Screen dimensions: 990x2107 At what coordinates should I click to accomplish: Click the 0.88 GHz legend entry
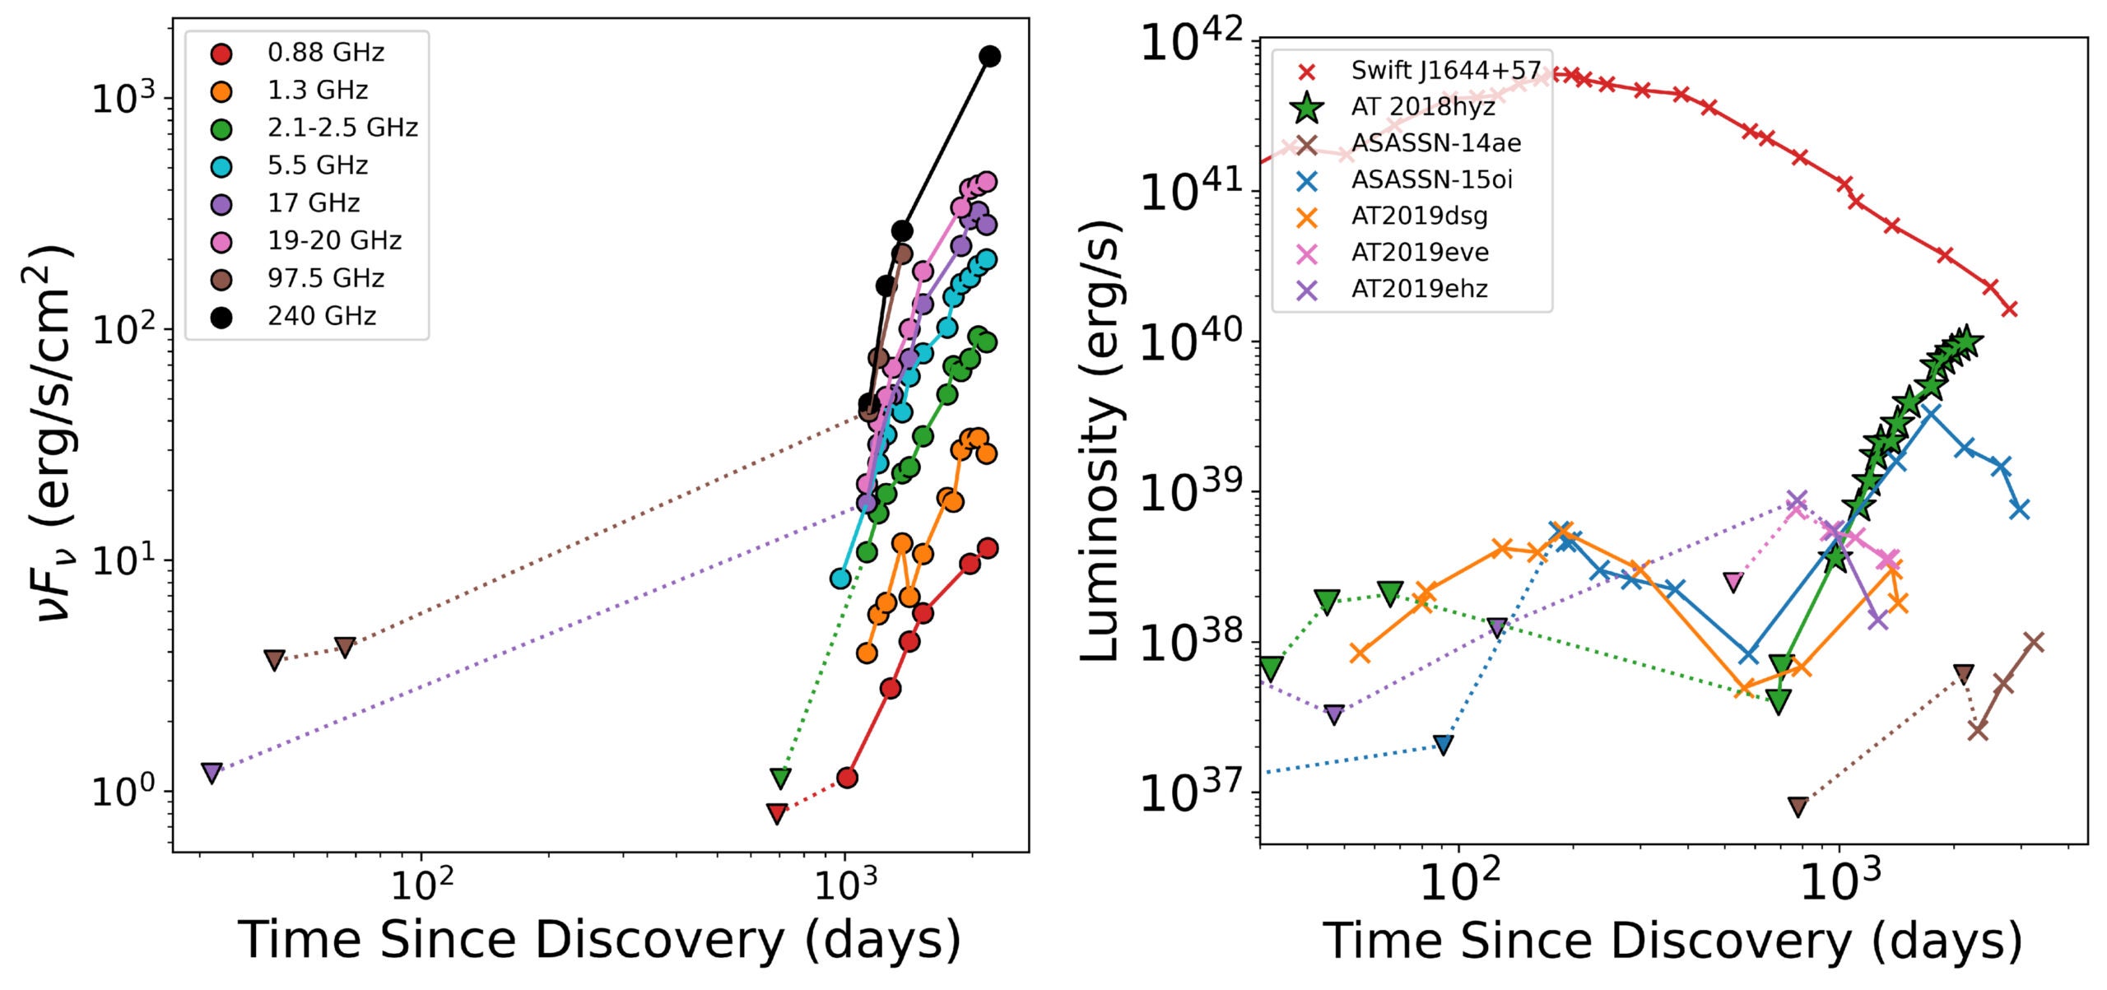point(325,53)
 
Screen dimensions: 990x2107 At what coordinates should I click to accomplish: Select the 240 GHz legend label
point(321,316)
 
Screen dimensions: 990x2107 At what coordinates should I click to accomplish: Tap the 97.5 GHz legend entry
point(325,278)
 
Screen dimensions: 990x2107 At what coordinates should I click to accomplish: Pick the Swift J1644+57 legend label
point(1445,71)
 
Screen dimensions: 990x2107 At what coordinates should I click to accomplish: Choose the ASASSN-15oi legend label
point(1431,179)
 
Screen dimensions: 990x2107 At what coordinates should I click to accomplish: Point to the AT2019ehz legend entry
point(1419,289)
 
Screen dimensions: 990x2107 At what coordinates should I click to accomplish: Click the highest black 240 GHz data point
point(990,57)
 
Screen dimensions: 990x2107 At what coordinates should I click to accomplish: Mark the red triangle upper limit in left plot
point(776,814)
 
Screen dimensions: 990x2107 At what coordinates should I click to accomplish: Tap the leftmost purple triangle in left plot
point(212,773)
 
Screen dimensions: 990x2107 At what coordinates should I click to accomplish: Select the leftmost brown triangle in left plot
point(275,660)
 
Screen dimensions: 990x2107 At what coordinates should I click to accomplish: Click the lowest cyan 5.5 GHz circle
point(840,579)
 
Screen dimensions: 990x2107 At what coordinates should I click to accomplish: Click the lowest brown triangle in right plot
point(1798,806)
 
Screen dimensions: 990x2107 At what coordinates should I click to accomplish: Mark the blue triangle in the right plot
point(1443,745)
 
